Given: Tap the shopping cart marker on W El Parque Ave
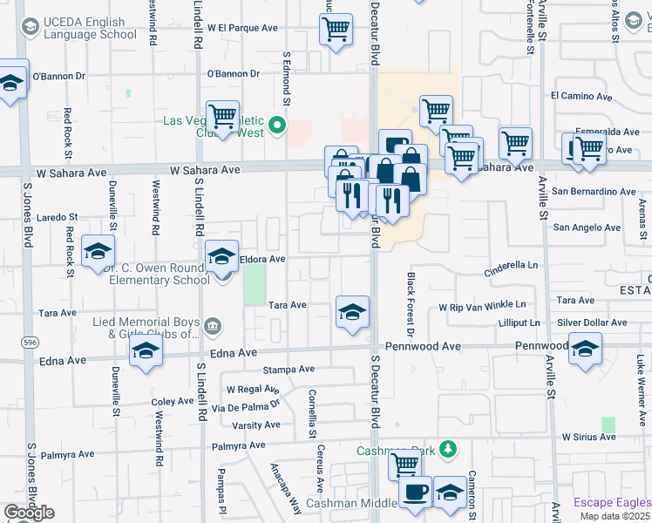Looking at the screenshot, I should point(336,31).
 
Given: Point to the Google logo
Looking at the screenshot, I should point(29,513).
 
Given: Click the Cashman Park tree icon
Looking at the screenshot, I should point(447,449).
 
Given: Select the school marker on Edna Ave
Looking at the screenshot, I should point(146,351).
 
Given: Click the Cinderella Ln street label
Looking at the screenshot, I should point(512,265).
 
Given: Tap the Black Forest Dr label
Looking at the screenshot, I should point(410,303).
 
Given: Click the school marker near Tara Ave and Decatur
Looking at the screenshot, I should point(351,312).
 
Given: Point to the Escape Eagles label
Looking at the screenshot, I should point(612,502).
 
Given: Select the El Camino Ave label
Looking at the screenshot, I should point(581,96).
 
